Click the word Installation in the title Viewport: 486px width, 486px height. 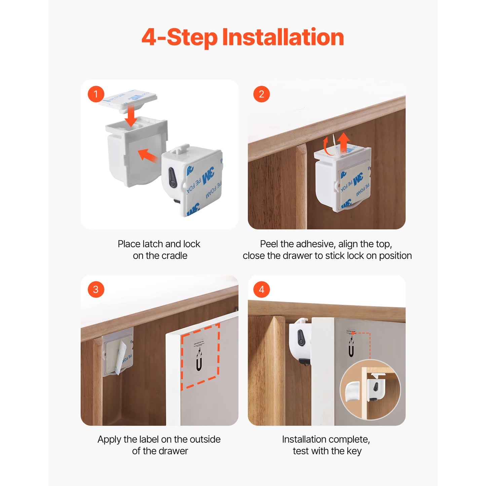coord(283,37)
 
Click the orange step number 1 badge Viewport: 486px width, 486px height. coord(96,94)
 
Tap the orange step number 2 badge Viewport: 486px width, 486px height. coord(261,94)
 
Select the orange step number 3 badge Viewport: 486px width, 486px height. coord(96,290)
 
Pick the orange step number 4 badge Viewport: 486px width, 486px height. coord(261,290)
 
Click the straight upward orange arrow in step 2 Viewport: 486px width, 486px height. coord(343,143)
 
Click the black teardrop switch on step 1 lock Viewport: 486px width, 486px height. coord(172,177)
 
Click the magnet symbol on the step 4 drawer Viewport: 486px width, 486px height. coord(351,346)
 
